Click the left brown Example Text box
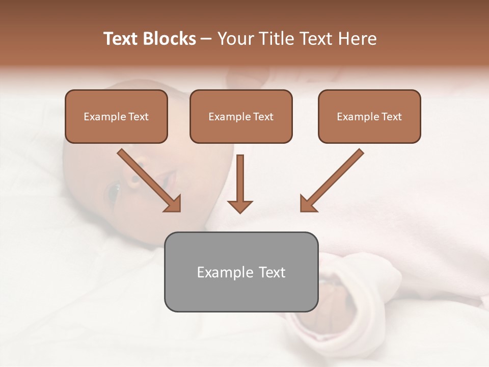click(x=116, y=116)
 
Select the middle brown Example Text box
click(x=241, y=116)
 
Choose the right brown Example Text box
click(x=369, y=116)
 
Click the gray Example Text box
click(x=241, y=272)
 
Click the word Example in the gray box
click(x=224, y=272)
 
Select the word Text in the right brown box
click(x=391, y=117)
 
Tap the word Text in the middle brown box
click(x=263, y=117)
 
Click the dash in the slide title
click(x=206, y=39)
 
